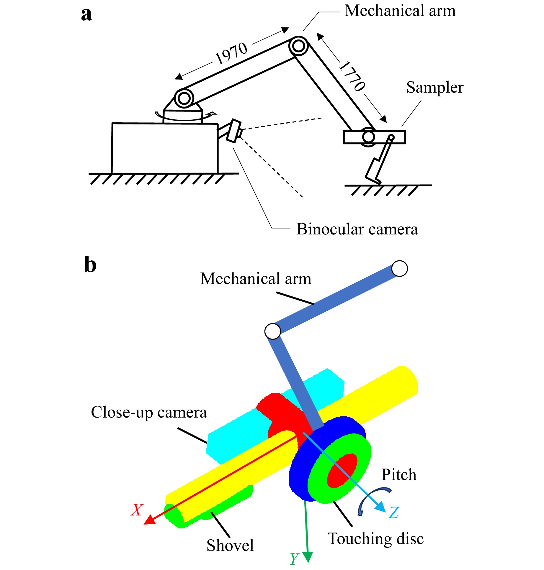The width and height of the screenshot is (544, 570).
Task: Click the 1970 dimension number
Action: click(x=231, y=53)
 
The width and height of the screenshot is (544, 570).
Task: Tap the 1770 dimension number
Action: click(x=352, y=76)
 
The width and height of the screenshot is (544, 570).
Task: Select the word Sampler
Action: click(x=434, y=87)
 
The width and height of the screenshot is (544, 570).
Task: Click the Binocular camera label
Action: click(x=357, y=229)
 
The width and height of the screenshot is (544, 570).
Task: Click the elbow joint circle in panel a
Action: click(x=298, y=46)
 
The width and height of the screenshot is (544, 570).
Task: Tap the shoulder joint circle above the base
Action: click(x=184, y=98)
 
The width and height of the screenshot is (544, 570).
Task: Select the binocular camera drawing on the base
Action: click(x=234, y=131)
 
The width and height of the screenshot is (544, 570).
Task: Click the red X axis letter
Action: click(x=137, y=510)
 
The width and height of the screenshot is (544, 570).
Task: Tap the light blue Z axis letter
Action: click(x=394, y=512)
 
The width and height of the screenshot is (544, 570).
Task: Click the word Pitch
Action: click(x=399, y=474)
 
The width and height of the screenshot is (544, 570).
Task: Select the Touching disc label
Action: click(x=375, y=538)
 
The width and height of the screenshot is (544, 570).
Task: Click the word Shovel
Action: click(x=230, y=545)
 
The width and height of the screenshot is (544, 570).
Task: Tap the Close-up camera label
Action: click(x=149, y=412)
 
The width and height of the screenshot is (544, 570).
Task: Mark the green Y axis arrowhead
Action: click(x=308, y=557)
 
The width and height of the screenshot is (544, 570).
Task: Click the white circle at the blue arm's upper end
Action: click(x=399, y=268)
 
